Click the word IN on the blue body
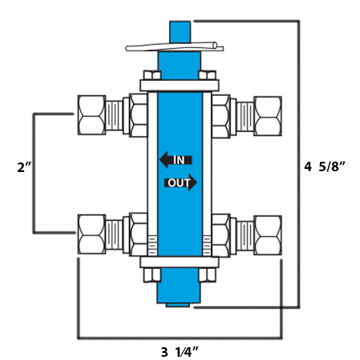pyautogui.click(x=179, y=160)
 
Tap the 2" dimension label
pyautogui.click(x=24, y=168)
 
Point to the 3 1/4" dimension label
pyautogui.click(x=179, y=350)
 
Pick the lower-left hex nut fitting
pyautogui.click(x=90, y=234)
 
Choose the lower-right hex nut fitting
pyautogui.click(x=267, y=234)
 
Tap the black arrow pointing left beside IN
pyautogui.click(x=165, y=160)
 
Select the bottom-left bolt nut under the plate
pyautogui.click(x=150, y=276)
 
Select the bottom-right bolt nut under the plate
pyautogui.click(x=206, y=276)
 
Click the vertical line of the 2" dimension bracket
pyautogui.click(x=34, y=172)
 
